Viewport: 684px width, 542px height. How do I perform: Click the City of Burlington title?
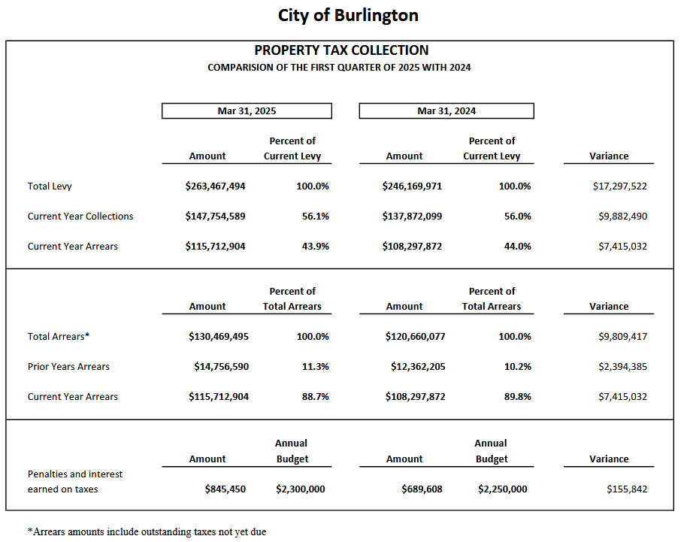[348, 16]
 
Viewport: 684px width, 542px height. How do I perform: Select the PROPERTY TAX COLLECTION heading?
[341, 50]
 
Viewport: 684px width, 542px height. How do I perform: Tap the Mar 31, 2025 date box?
[247, 111]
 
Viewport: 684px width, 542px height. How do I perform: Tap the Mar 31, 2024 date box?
[446, 111]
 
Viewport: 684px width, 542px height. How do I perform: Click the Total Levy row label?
[50, 186]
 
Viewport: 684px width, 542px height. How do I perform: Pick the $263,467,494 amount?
[215, 186]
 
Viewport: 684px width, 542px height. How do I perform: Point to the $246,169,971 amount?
[412, 186]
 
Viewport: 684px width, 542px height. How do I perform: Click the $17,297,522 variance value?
[620, 186]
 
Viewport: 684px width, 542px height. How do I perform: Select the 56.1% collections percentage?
[316, 216]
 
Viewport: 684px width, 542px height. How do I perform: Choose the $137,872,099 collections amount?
[412, 216]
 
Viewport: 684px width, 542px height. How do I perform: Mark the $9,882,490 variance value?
[622, 216]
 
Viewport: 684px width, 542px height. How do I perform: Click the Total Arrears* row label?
[59, 337]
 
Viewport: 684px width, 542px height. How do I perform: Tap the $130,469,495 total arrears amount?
[219, 337]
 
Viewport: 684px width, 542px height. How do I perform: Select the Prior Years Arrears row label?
[68, 367]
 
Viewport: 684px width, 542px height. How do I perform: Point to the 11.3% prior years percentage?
[316, 367]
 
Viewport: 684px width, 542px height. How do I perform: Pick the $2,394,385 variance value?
[622, 367]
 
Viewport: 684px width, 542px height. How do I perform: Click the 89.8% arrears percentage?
[518, 397]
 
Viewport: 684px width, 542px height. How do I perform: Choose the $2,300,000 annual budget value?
[301, 489]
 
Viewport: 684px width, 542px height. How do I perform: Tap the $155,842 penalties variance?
[627, 489]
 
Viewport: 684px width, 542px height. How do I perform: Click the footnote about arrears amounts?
[147, 532]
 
